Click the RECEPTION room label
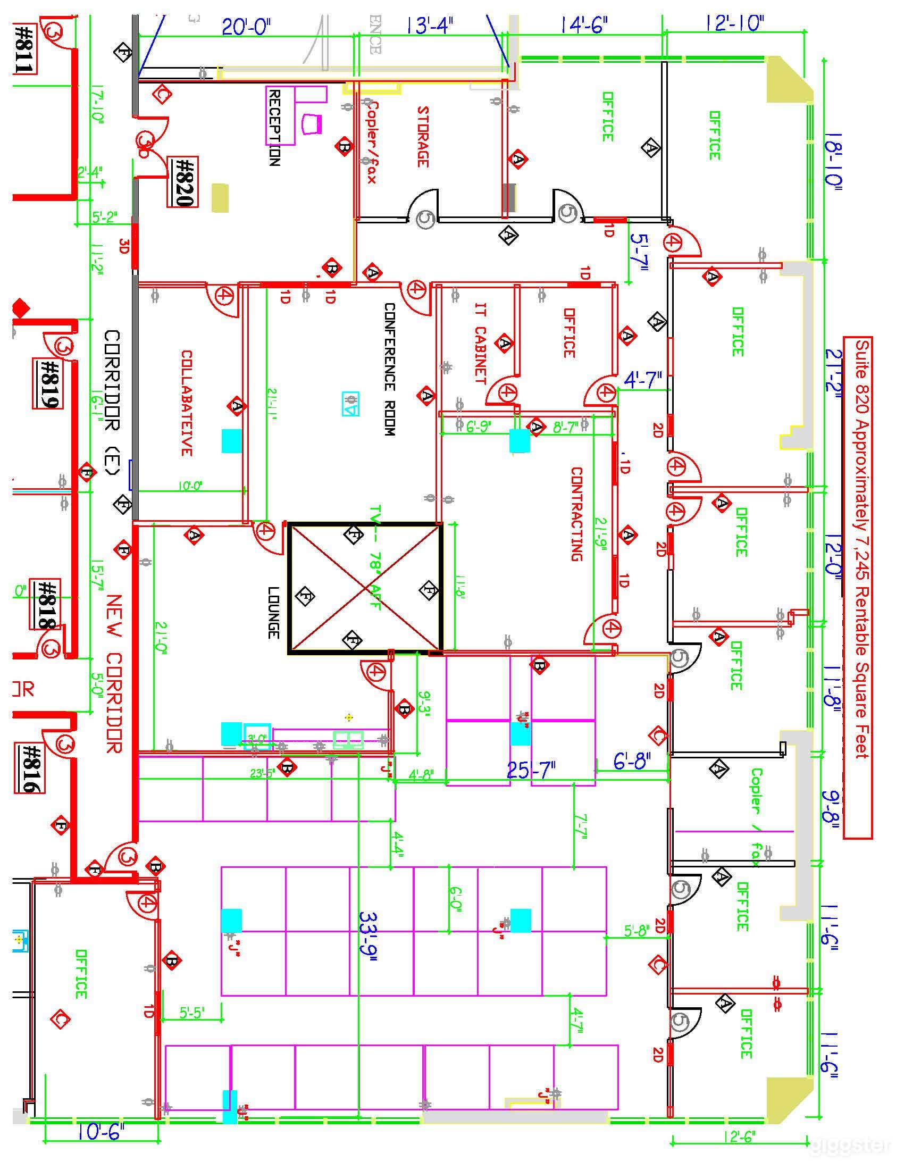click(x=274, y=128)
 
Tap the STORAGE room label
click(x=423, y=137)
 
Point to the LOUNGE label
click(x=273, y=612)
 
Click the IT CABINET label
click(x=480, y=344)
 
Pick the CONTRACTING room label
click(x=576, y=513)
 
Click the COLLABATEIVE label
click(x=186, y=403)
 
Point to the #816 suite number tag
click(x=30, y=767)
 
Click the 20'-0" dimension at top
click(x=246, y=26)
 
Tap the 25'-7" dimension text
click(x=531, y=770)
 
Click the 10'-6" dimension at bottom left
click(x=101, y=1132)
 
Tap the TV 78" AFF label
click(x=374, y=557)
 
